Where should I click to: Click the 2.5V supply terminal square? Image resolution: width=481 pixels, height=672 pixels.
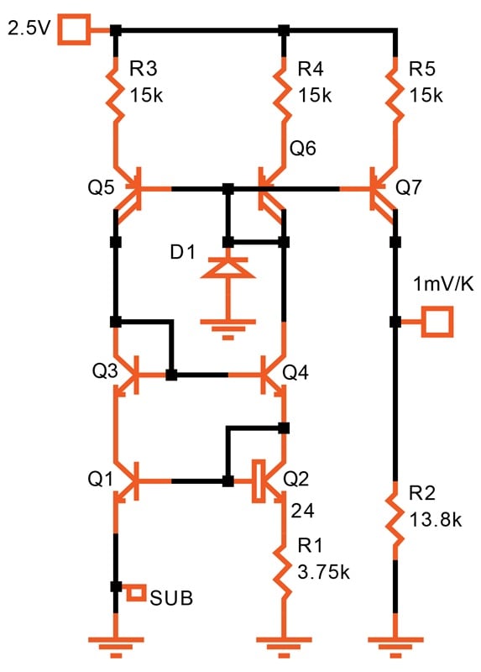coord(74,29)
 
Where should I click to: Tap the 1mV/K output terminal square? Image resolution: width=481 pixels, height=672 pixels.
coord(437,322)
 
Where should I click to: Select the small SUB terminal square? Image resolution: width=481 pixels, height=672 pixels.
coord(136,593)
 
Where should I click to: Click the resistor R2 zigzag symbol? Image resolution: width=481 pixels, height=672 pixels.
coord(395,522)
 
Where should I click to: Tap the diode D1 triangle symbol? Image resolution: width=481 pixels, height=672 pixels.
coord(228,268)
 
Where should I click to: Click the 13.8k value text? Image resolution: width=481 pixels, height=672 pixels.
coord(436,520)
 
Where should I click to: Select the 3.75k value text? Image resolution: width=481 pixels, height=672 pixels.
coord(323,572)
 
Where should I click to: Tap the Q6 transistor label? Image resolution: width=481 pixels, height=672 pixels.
coord(303,149)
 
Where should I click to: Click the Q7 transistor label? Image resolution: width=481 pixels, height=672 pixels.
coord(408,187)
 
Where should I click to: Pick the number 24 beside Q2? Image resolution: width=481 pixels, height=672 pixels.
coord(303,511)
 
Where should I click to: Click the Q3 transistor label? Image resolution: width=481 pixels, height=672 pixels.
coord(105,370)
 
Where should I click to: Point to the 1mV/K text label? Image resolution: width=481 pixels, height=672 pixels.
coord(444,284)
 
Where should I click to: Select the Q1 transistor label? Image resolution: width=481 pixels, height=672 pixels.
coord(100,479)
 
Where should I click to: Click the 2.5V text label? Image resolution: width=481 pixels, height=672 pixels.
coord(29,28)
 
